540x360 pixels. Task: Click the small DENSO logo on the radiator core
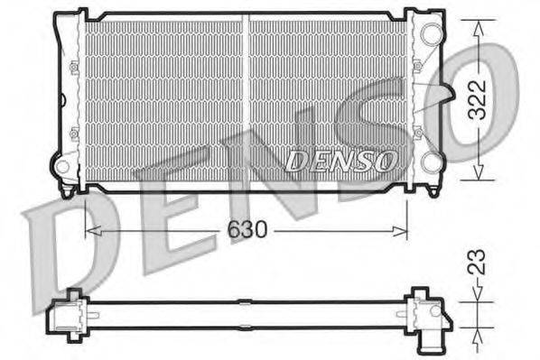coord(341,161)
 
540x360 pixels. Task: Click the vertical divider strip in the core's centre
coord(246,99)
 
